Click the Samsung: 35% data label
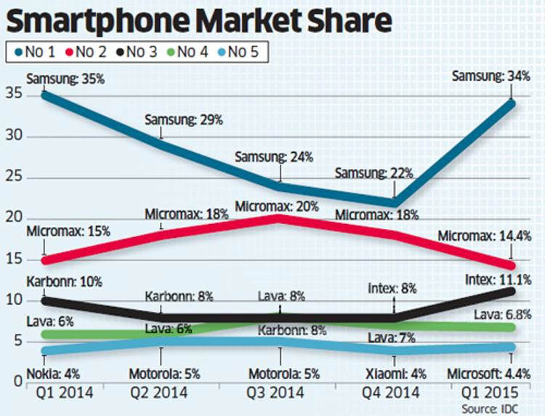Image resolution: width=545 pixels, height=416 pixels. [66, 77]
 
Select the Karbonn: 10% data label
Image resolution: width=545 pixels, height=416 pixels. [65, 281]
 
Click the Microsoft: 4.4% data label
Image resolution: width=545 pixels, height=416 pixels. [493, 375]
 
